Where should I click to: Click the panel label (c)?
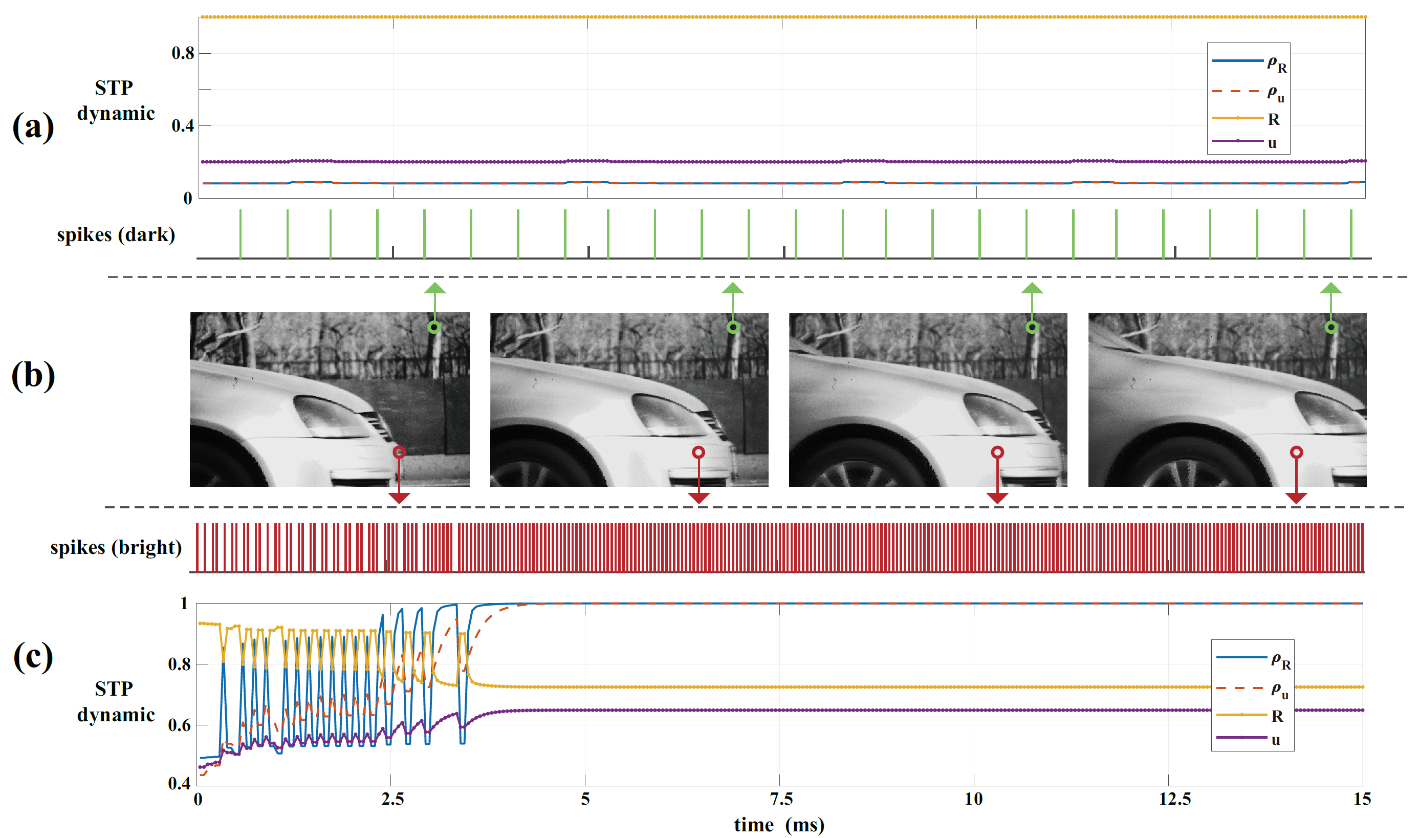[33, 656]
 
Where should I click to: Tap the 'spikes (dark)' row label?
[116, 234]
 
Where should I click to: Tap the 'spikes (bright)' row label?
[116, 547]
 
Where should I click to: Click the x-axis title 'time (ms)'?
[779, 825]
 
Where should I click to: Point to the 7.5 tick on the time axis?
[781, 799]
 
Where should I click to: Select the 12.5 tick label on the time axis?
[1175, 799]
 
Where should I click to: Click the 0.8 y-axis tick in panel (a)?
[183, 53]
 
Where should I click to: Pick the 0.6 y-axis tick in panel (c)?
[180, 724]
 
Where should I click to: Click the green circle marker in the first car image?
[434, 327]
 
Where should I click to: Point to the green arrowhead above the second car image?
[733, 289]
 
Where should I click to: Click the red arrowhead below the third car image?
[997, 498]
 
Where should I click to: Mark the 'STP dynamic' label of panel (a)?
[116, 100]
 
